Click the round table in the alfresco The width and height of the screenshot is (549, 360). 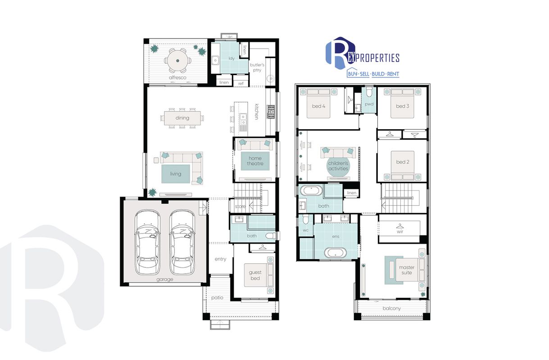177,60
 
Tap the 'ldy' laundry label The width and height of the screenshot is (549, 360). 231,58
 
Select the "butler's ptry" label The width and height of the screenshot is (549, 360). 257,67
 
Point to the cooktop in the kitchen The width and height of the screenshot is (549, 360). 271,112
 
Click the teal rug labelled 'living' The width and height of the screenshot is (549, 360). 176,174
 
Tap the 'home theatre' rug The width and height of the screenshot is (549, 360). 255,161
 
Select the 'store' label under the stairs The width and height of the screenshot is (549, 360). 240,207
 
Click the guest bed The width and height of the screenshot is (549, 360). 259,275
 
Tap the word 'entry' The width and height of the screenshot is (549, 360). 220,259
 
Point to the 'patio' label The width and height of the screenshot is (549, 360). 217,297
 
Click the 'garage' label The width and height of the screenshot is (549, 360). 165,279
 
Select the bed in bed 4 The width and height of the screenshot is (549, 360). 318,103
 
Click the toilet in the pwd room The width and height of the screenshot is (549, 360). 369,92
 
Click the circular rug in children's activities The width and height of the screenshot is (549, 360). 338,166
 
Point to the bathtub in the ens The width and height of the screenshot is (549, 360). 335,253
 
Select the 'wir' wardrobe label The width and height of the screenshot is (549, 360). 400,231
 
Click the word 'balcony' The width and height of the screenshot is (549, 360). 392,308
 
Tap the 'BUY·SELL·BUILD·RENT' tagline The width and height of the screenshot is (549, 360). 373,74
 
